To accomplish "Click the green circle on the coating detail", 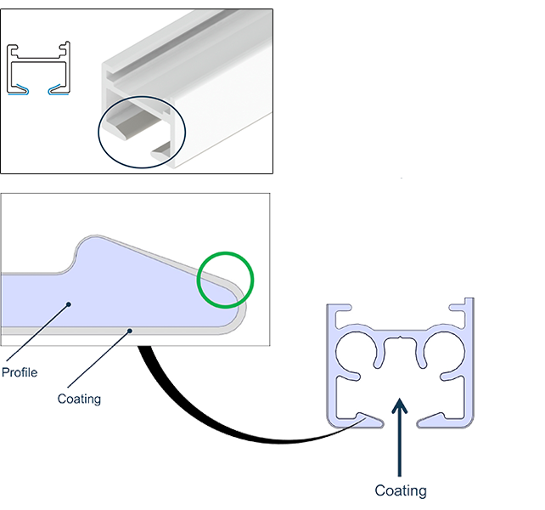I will (225, 278).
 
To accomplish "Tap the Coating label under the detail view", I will (78, 398).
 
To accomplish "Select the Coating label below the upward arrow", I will (401, 490).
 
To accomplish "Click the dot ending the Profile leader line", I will (69, 302).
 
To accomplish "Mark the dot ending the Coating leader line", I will (129, 330).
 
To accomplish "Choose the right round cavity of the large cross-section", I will (447, 352).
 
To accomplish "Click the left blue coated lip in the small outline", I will (25, 87).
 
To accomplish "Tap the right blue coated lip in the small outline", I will (58, 87).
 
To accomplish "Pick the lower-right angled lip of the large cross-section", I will (441, 416).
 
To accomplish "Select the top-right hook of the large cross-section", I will (466, 309).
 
